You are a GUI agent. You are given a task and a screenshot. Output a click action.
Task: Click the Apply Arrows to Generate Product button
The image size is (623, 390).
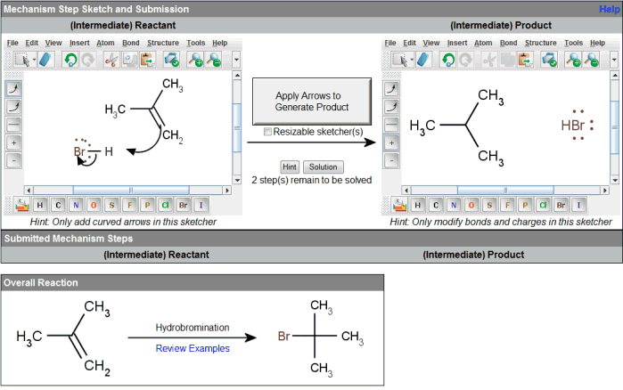(x=308, y=101)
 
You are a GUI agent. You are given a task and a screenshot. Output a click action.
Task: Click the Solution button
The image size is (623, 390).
(x=323, y=167)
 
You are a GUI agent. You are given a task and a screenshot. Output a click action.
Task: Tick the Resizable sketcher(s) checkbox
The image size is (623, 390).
(x=268, y=133)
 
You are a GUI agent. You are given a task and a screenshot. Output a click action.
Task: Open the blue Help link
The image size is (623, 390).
(x=610, y=9)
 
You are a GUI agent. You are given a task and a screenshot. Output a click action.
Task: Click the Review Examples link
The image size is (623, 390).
(x=193, y=348)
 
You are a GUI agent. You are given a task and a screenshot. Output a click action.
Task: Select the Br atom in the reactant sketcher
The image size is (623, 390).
(x=80, y=152)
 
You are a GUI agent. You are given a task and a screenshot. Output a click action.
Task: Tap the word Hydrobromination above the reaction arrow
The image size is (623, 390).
(x=193, y=328)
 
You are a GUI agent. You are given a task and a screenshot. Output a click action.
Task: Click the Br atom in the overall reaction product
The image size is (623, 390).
(x=283, y=337)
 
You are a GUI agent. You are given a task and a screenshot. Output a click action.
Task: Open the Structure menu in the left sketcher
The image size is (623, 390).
(x=163, y=43)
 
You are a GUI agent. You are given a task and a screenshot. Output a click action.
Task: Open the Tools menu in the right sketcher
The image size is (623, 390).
(x=573, y=43)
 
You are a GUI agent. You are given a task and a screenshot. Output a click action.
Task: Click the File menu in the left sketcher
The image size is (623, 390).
(x=12, y=43)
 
